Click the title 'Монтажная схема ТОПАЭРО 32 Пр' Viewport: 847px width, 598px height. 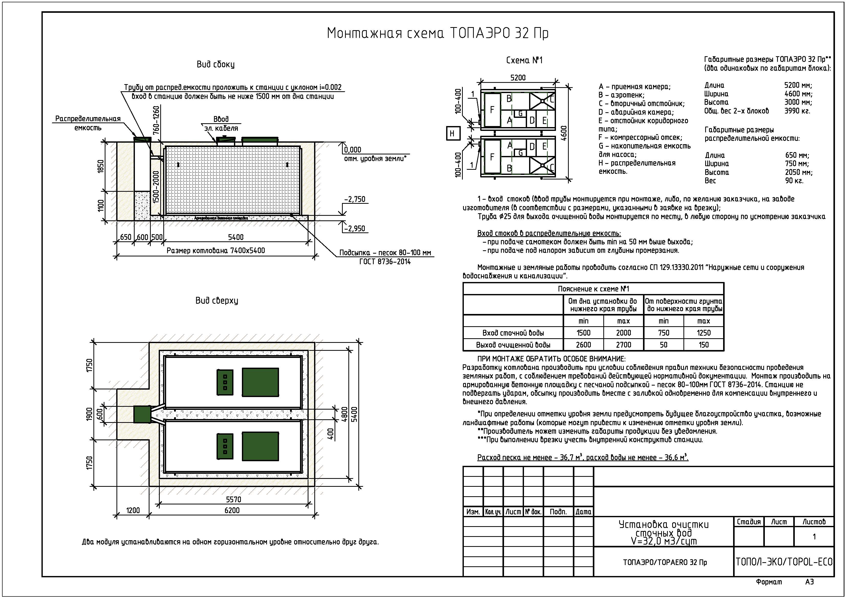(x=437, y=33)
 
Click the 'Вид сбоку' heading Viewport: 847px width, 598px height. (x=216, y=64)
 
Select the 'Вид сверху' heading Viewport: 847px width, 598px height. (x=217, y=301)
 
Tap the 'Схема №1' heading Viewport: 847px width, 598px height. (x=524, y=60)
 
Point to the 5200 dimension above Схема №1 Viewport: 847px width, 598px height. (x=518, y=78)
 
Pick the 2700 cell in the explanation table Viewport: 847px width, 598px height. (x=624, y=345)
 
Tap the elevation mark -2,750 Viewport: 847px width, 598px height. (x=355, y=199)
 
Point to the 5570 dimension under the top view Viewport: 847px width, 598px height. (x=233, y=499)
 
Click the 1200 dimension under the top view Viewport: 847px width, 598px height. (x=133, y=510)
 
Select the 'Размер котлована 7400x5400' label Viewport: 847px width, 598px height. (x=216, y=251)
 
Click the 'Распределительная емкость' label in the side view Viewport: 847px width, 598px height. (x=88, y=123)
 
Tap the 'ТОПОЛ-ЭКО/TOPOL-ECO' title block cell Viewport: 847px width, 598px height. (x=784, y=562)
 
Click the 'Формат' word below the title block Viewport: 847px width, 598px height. (x=769, y=582)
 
